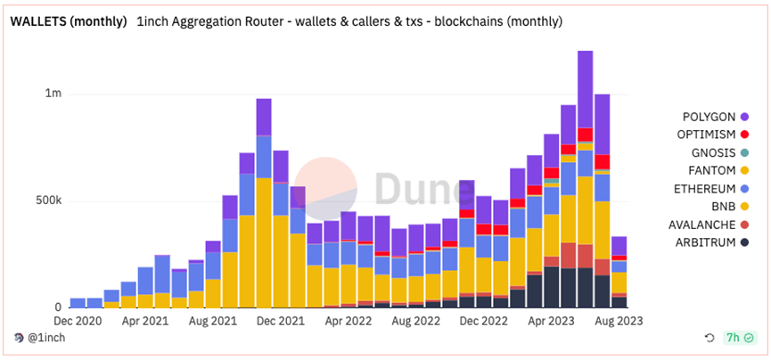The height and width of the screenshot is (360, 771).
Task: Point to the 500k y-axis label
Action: click(45, 200)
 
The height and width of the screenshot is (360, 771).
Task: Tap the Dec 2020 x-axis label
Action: click(78, 318)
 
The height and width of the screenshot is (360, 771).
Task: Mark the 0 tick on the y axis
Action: click(58, 307)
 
